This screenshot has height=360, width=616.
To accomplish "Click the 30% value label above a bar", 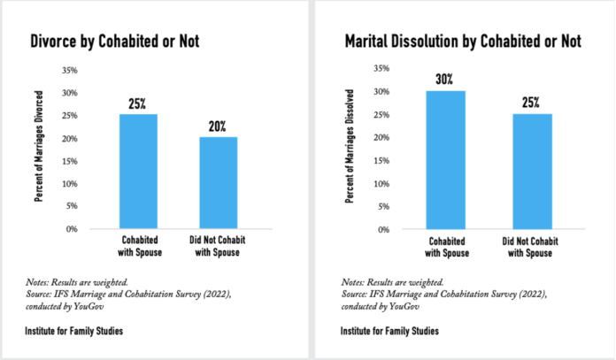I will click(x=443, y=80).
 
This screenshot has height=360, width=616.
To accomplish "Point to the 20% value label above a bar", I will click(x=216, y=126).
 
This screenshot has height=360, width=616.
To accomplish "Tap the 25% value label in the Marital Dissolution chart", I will click(x=531, y=103).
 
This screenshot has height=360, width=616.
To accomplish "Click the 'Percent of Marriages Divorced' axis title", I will click(x=39, y=148).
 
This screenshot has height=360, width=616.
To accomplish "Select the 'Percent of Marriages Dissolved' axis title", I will click(x=351, y=148).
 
